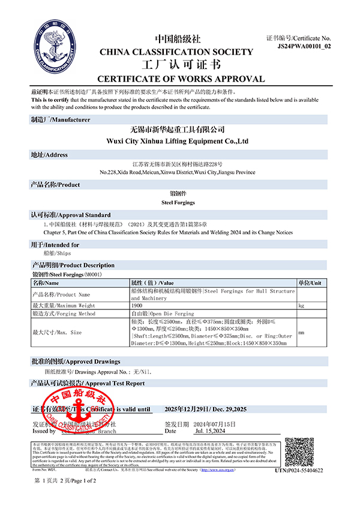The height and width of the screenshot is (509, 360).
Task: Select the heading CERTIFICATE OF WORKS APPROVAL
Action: tap(181, 79)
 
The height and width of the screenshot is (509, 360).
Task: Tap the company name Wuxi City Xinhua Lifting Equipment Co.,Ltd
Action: tap(181, 141)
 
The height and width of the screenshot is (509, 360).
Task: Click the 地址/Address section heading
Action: tap(49, 155)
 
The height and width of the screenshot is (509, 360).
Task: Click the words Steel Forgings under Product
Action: tap(181, 203)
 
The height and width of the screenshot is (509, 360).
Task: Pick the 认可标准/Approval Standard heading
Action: tap(70, 215)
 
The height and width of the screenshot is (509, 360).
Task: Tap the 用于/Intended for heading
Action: tap(55, 245)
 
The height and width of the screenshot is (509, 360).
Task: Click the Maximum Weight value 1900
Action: tap(137, 306)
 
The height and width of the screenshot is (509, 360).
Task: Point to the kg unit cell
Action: tap(301, 306)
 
